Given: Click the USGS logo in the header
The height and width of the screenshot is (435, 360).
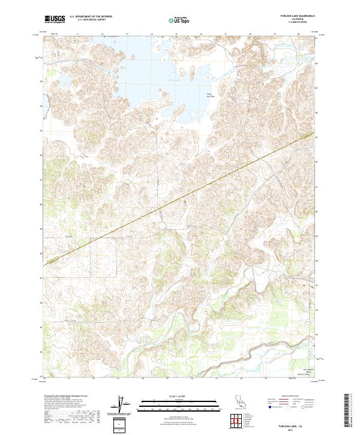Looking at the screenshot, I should click(x=55, y=20).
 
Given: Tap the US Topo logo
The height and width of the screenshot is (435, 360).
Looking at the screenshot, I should click(x=179, y=20).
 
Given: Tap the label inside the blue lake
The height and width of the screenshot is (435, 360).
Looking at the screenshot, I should click(x=210, y=95).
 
